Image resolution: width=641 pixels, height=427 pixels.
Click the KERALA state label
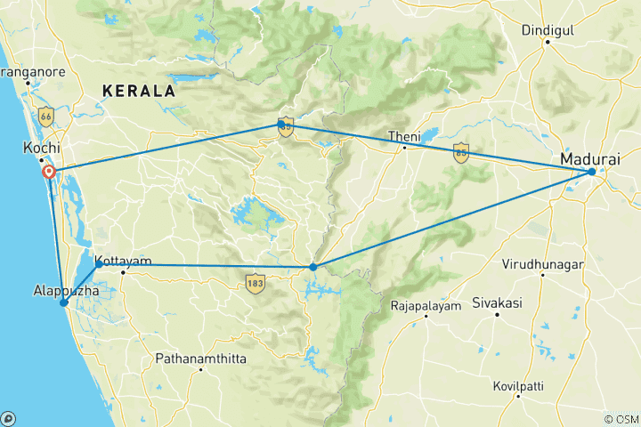tap(138, 91)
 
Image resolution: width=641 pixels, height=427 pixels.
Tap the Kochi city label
tap(41, 146)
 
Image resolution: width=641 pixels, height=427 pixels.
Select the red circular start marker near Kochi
tap(49, 172)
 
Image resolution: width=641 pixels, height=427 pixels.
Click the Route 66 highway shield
tap(45, 115)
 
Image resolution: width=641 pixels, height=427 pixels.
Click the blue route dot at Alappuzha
tap(64, 302)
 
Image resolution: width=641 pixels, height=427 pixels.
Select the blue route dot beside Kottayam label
tap(99, 263)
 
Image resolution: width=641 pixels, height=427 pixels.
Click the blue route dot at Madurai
tap(591, 172)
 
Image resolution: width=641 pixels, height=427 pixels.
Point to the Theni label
tap(403, 136)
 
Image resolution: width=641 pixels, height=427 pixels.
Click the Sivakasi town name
tap(497, 302)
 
